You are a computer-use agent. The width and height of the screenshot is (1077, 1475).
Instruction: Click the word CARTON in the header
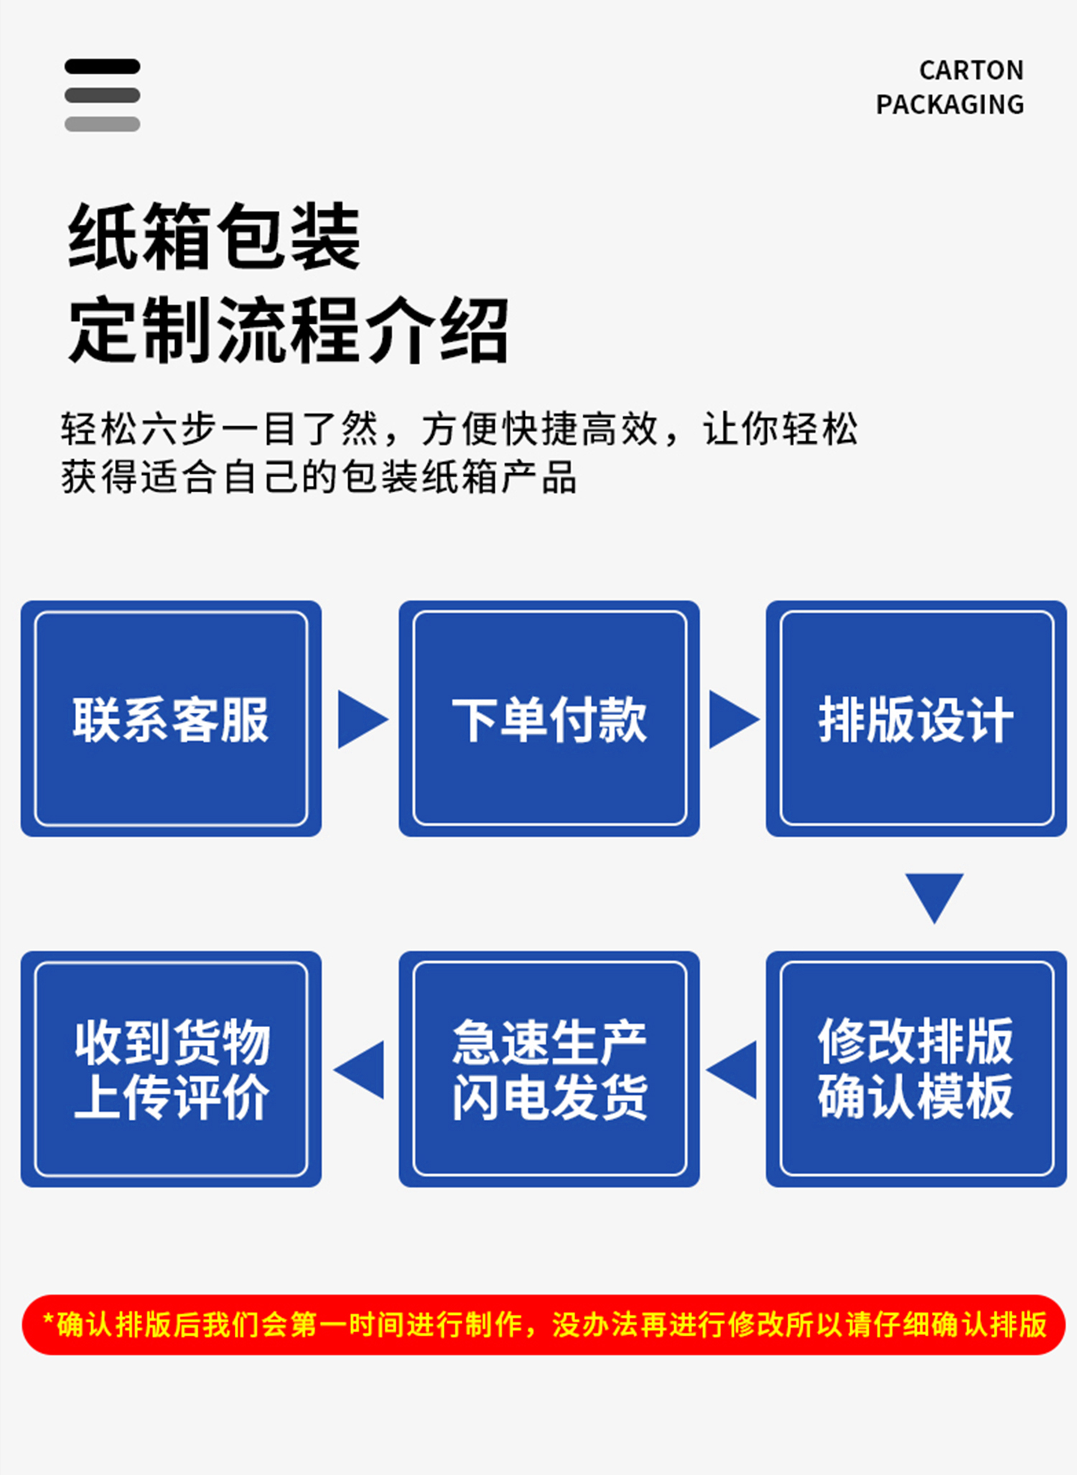[971, 70]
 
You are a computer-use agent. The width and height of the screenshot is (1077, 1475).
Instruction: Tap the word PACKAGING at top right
[949, 105]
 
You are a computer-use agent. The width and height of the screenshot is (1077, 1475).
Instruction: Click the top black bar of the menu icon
[102, 67]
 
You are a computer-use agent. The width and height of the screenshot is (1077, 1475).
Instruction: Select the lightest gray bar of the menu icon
[102, 124]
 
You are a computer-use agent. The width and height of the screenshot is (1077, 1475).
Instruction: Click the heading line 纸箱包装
[214, 237]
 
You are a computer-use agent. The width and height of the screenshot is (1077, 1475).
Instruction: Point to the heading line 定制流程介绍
[288, 331]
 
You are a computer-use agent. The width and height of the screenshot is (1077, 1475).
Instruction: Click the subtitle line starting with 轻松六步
[459, 429]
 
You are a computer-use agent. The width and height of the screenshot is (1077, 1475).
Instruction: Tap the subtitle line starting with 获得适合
[318, 477]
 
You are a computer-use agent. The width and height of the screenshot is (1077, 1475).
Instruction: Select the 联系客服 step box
[171, 718]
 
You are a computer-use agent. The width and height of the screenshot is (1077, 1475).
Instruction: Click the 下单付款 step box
[549, 718]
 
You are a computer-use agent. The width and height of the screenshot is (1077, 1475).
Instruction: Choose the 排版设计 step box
[916, 718]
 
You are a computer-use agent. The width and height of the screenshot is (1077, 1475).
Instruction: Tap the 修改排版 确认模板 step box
[916, 1069]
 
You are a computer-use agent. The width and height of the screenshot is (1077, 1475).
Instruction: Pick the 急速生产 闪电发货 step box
[549, 1069]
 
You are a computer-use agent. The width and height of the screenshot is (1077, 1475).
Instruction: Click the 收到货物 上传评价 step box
[171, 1069]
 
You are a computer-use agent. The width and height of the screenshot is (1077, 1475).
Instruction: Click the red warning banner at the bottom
[544, 1324]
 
